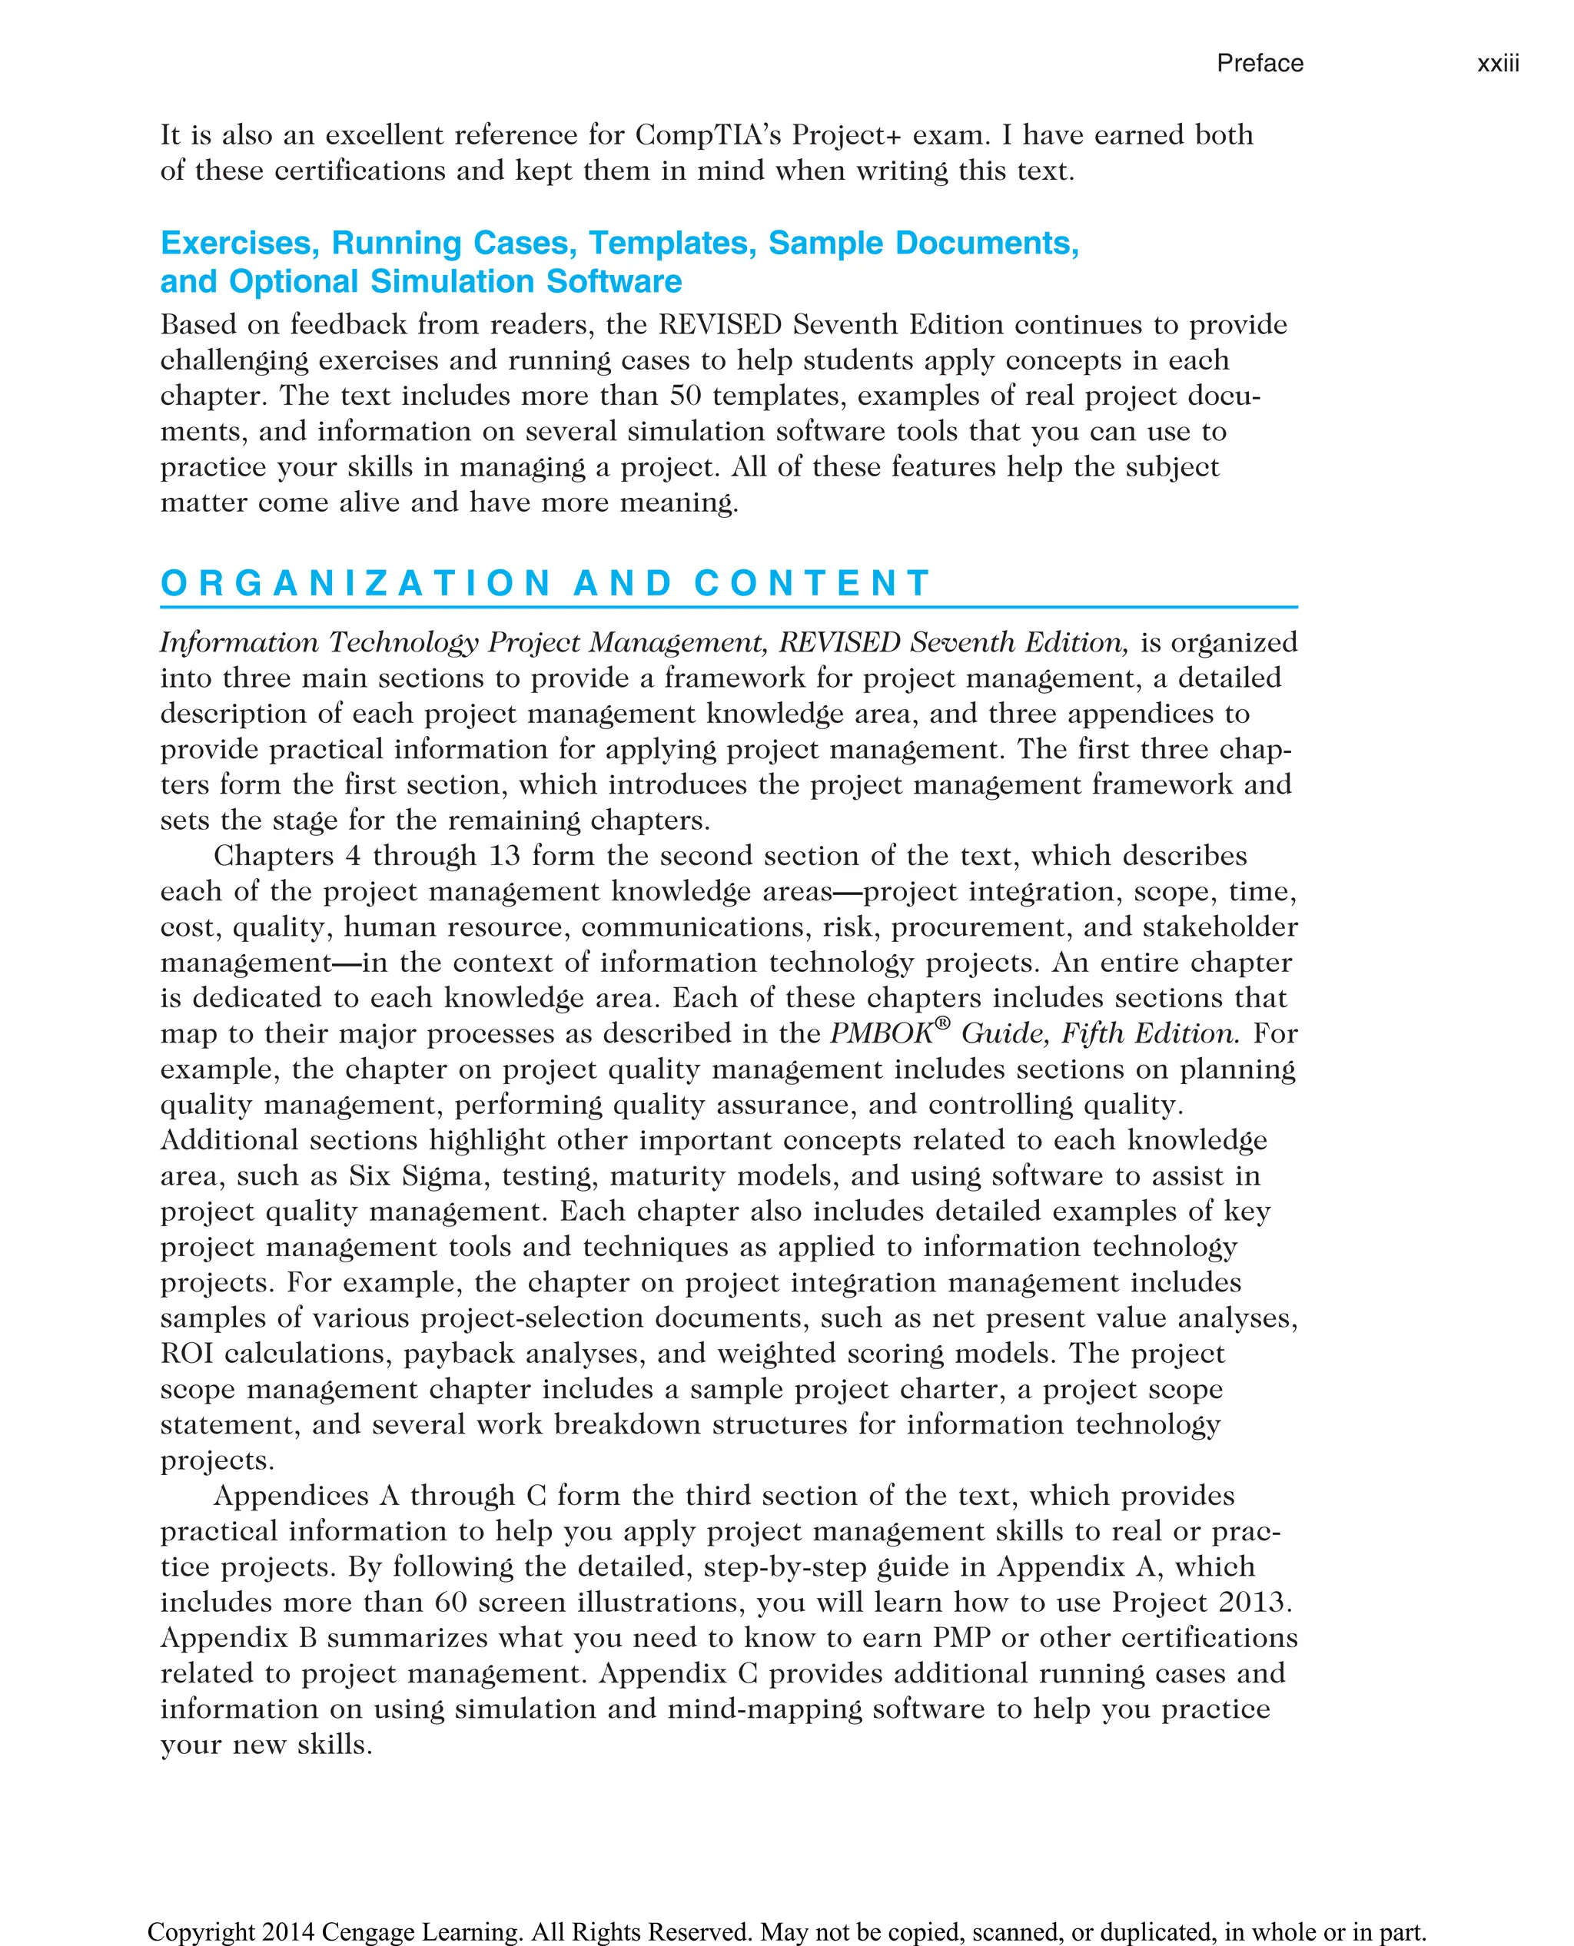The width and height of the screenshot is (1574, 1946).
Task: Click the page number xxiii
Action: point(1498,64)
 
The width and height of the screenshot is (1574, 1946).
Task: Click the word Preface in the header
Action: point(1260,64)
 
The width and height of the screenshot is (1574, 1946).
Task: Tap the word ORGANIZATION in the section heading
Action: point(357,583)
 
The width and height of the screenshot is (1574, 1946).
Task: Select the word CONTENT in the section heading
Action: point(812,583)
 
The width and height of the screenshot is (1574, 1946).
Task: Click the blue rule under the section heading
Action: point(728,607)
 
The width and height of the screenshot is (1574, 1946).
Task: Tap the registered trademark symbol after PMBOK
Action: point(942,1023)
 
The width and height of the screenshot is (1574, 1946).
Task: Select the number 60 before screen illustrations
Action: point(450,1603)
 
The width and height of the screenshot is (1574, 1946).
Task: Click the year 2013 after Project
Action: point(1255,1603)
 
